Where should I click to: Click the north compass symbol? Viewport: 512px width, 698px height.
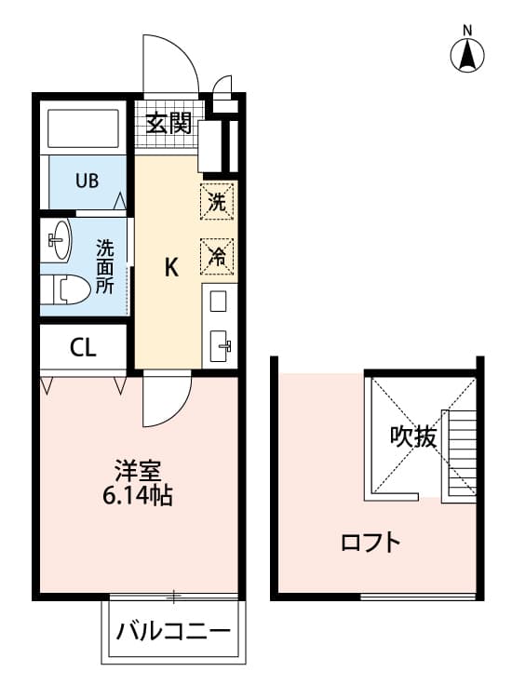(x=468, y=55)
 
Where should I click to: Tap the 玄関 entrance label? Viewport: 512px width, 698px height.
(x=168, y=122)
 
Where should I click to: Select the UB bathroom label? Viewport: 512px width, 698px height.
(x=87, y=180)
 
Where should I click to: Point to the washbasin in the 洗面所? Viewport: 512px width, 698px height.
(x=59, y=241)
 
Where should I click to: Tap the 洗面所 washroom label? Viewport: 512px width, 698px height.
(x=106, y=266)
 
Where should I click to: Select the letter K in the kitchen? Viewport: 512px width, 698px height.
(x=171, y=267)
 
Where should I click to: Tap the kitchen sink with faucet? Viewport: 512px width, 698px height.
(x=222, y=346)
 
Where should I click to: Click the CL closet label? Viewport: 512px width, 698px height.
(x=82, y=348)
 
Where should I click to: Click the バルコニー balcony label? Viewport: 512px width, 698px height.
(x=173, y=633)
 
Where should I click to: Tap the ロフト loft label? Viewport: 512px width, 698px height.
(x=371, y=542)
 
